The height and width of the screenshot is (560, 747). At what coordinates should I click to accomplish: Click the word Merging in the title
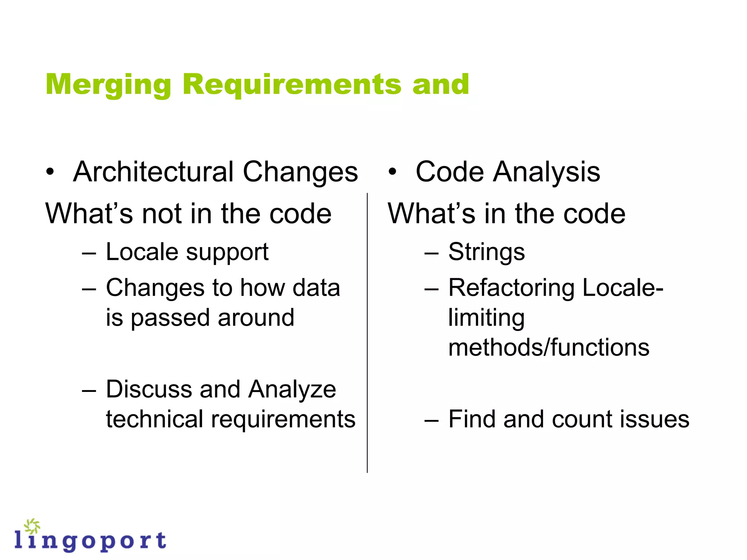pyautogui.click(x=108, y=85)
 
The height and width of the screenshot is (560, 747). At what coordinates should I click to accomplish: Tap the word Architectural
pyautogui.click(x=153, y=172)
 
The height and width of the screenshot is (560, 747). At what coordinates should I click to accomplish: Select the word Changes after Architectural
pyautogui.click(x=300, y=172)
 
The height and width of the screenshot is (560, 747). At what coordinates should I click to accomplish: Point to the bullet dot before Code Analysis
pyautogui.click(x=392, y=172)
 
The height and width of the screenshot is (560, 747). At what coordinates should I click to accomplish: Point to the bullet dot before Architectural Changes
pyautogui.click(x=50, y=172)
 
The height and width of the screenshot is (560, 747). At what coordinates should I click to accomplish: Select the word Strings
pyautogui.click(x=487, y=252)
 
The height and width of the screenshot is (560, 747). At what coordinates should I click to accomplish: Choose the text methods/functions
pyautogui.click(x=549, y=347)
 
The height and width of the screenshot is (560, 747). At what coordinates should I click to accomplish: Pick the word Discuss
pyautogui.click(x=148, y=389)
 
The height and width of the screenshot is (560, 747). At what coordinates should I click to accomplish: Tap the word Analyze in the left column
pyautogui.click(x=292, y=389)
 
